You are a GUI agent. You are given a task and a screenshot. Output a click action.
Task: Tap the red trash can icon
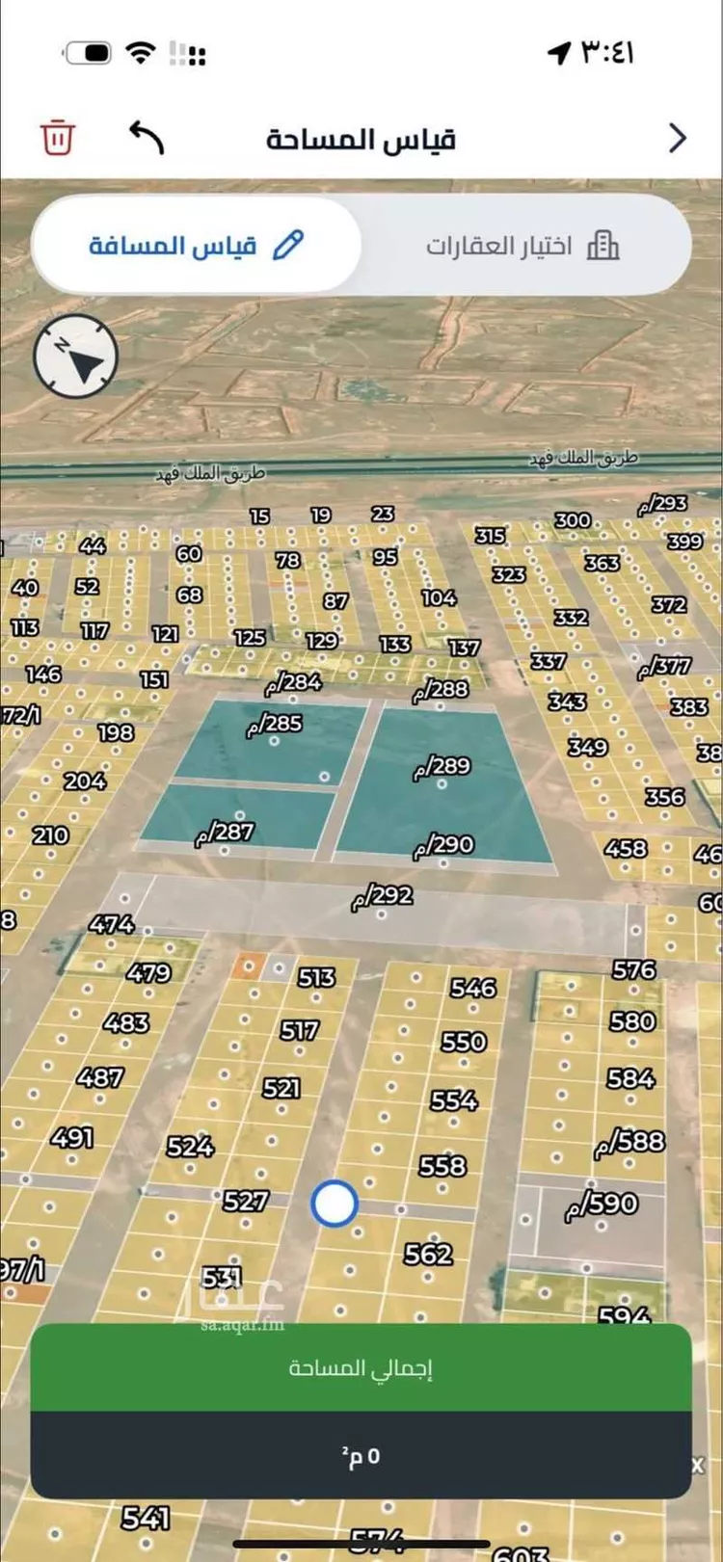click(57, 137)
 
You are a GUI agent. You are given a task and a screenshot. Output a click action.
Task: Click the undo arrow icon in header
click(147, 138)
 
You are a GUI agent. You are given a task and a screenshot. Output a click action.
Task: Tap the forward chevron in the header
click(678, 138)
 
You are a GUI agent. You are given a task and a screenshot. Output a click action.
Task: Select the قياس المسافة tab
click(196, 246)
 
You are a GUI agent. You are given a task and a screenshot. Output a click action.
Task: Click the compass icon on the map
click(76, 357)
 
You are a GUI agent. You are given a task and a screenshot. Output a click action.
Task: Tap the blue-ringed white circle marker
click(335, 1203)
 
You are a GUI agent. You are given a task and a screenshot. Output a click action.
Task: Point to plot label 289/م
click(442, 767)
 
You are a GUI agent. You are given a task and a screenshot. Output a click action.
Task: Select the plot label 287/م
click(226, 833)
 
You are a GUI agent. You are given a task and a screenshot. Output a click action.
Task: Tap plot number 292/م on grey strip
click(383, 896)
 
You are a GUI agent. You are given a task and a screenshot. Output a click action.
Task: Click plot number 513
click(316, 978)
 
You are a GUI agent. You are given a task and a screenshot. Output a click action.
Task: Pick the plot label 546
click(473, 988)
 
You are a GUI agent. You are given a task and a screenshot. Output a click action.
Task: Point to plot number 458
click(625, 849)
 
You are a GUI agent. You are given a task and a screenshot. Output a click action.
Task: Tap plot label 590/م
click(602, 1204)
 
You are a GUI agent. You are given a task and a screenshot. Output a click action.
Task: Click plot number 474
click(112, 924)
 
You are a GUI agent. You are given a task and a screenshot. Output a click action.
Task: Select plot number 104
click(439, 598)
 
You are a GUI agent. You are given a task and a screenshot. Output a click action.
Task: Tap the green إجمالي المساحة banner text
click(361, 1368)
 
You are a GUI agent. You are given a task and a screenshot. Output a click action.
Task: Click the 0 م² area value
click(361, 1456)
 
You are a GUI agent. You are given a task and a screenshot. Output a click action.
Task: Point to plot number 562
click(428, 1254)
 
